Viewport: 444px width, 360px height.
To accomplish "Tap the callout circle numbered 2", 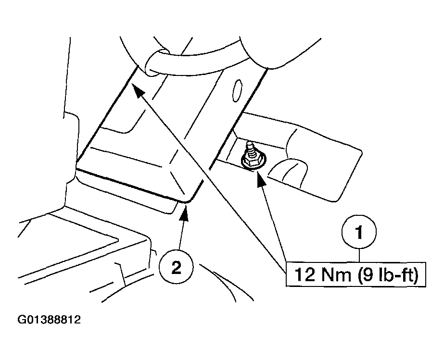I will coord(177,267).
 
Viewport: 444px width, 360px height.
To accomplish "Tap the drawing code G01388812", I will coord(49,320).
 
